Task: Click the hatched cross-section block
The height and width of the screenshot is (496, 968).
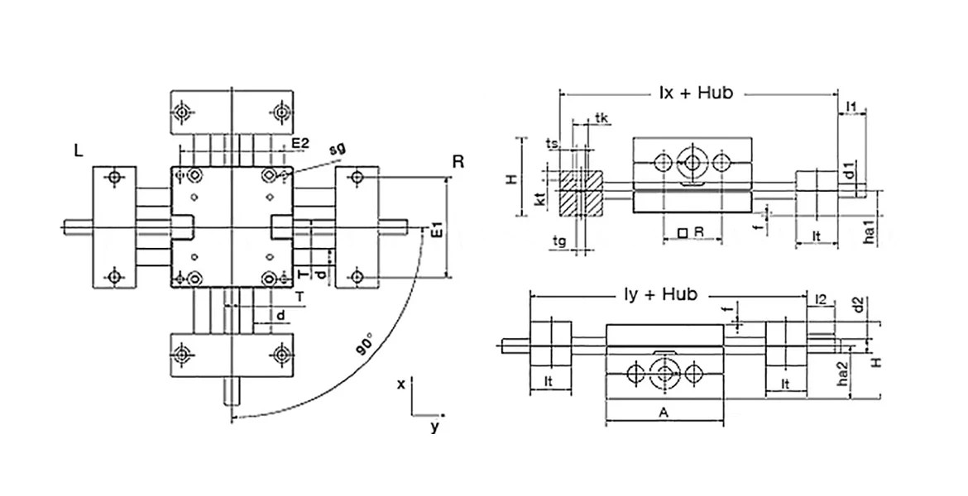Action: click(x=579, y=193)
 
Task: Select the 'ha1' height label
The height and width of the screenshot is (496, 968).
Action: click(x=869, y=231)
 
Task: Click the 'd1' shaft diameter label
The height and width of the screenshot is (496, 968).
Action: click(x=849, y=173)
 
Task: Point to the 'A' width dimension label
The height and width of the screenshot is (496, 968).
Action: click(x=664, y=412)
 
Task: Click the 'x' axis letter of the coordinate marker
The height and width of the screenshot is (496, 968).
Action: click(x=400, y=384)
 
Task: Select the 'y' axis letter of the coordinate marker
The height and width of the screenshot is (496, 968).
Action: click(x=434, y=427)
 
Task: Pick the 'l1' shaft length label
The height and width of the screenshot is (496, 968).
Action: click(x=852, y=105)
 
